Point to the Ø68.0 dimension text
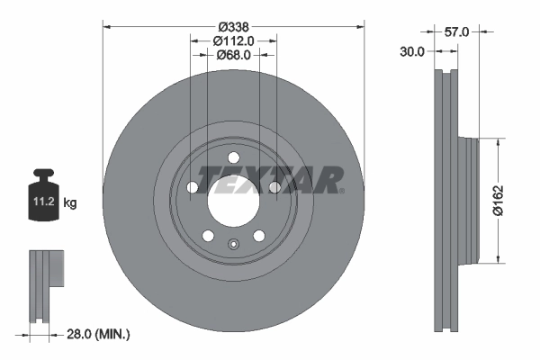click(234, 55)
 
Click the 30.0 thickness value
click(412, 52)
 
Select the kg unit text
click(70, 203)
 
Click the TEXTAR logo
click(271, 179)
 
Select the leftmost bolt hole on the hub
click(193, 187)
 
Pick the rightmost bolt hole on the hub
click(274, 187)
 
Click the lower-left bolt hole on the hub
click(209, 236)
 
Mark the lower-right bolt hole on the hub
click(259, 236)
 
